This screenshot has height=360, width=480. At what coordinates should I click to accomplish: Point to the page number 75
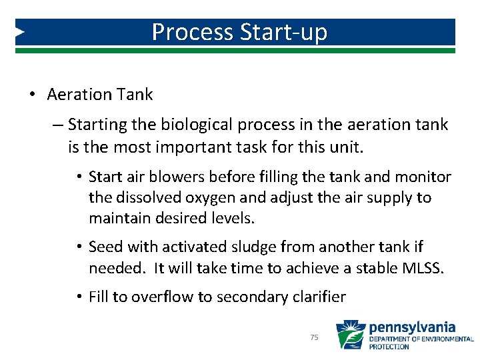[x=315, y=338]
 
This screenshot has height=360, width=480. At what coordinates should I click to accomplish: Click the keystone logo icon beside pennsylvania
[x=350, y=335]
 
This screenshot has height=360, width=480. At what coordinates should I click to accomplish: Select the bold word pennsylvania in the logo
[x=412, y=327]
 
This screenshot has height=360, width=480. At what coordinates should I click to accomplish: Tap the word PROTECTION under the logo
[x=389, y=347]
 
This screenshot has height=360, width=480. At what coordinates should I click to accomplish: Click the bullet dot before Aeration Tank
[x=33, y=95]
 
